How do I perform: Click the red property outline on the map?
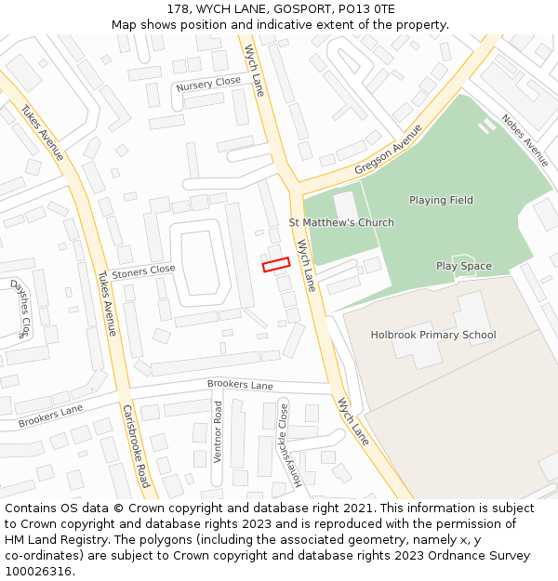click(x=276, y=265)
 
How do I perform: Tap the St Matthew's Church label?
click(x=340, y=222)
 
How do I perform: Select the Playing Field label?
click(x=441, y=200)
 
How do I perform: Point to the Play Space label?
click(x=463, y=266)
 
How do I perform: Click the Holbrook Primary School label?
click(x=433, y=335)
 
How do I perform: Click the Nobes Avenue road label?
click(x=525, y=140)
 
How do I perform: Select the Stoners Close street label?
click(x=143, y=271)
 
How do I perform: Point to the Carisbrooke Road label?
click(x=136, y=446)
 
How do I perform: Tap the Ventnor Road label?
click(x=218, y=431)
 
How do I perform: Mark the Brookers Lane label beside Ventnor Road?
click(x=240, y=385)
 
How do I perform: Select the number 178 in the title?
click(x=179, y=8)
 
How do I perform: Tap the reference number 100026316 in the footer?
click(x=38, y=571)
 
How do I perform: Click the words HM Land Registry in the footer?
click(x=47, y=539)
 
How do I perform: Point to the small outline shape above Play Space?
click(x=463, y=256)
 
